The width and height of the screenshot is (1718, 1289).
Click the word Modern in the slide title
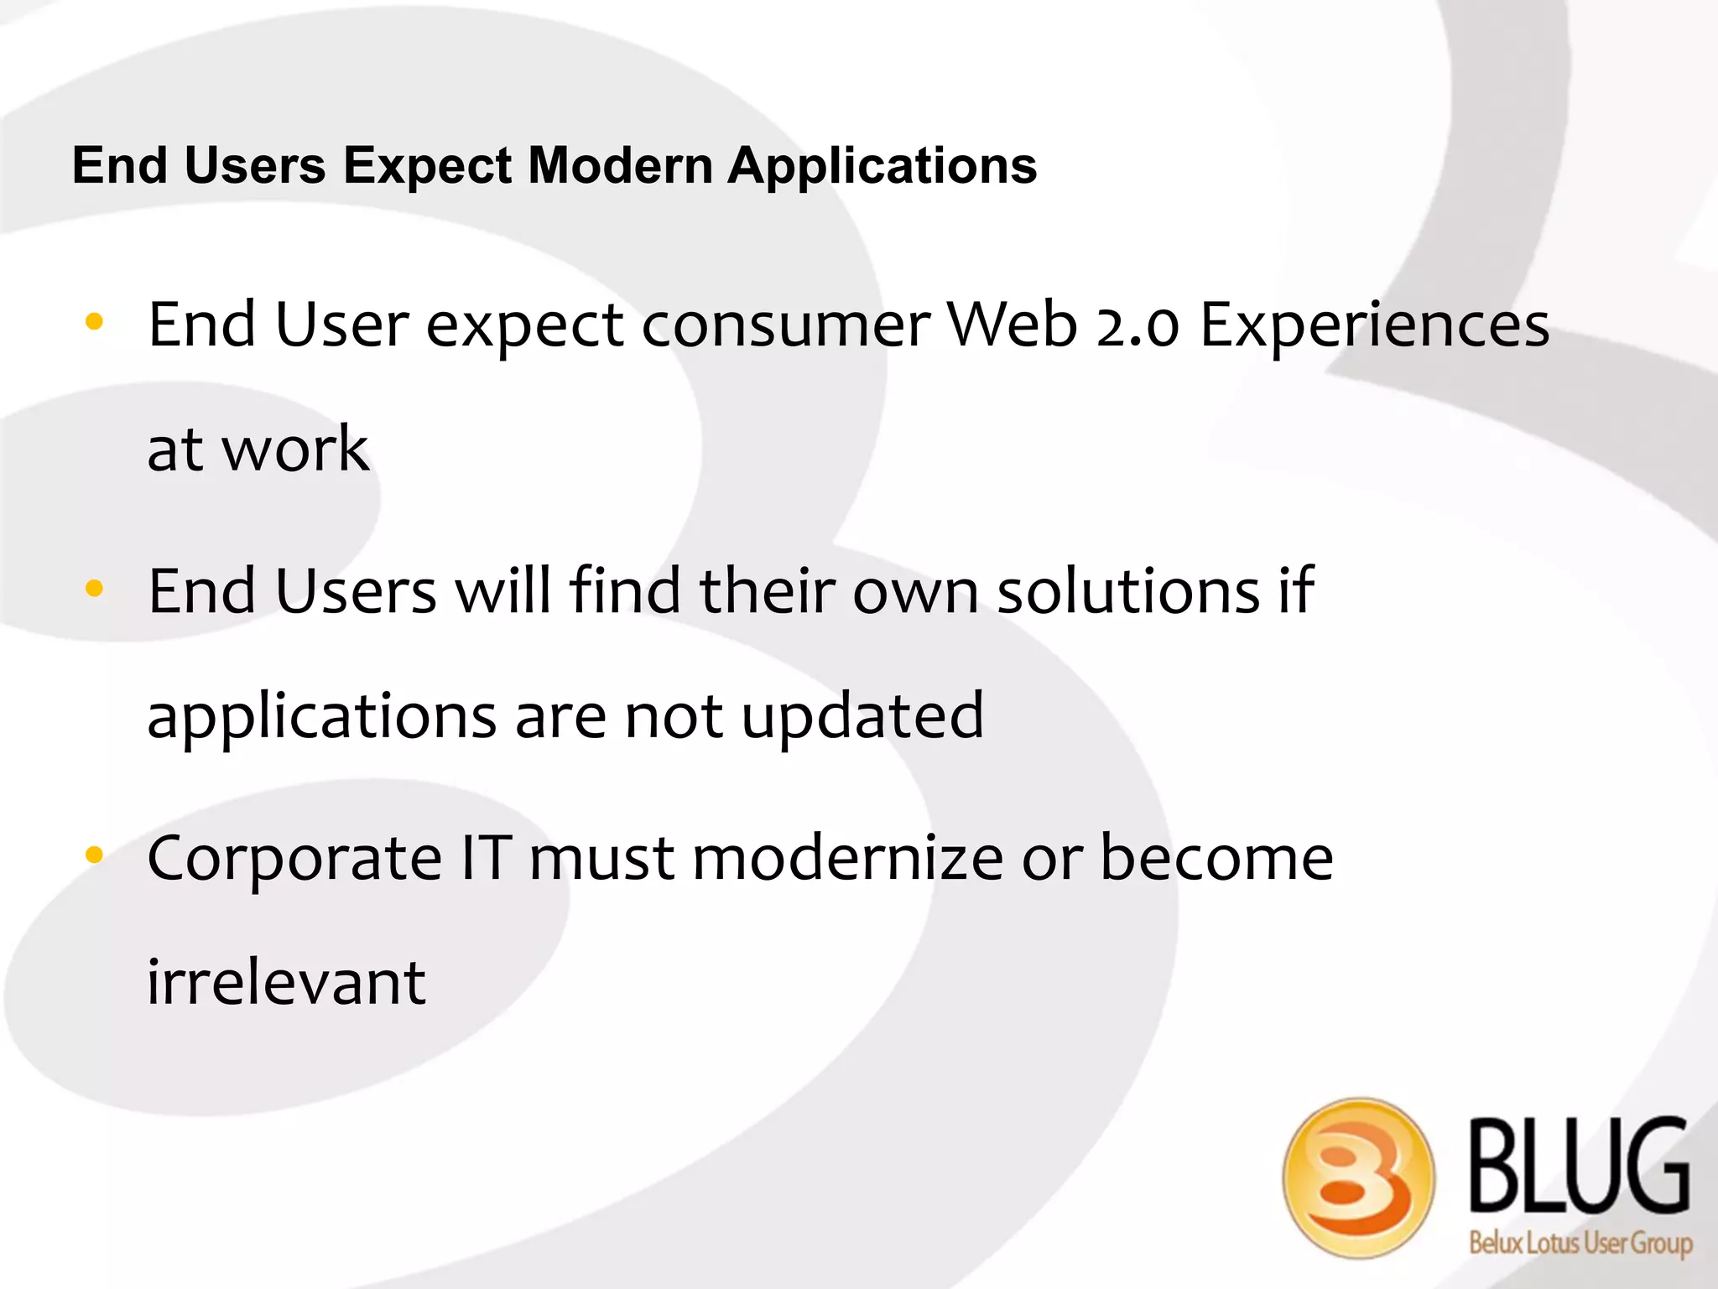(x=620, y=165)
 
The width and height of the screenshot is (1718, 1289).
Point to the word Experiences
(x=1374, y=326)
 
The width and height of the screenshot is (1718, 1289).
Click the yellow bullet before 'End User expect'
(x=94, y=321)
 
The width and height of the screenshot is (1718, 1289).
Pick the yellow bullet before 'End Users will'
(x=94, y=589)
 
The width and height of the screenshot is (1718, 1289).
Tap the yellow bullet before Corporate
(x=94, y=855)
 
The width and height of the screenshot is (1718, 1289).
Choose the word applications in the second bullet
(x=321, y=718)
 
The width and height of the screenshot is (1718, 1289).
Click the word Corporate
(x=294, y=860)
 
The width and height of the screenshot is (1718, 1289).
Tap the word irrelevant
(x=286, y=982)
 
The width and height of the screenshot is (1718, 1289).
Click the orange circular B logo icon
(x=1358, y=1177)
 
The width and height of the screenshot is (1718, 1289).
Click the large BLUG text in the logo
(x=1579, y=1166)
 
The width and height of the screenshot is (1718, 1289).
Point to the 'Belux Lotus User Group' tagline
(x=1580, y=1242)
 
